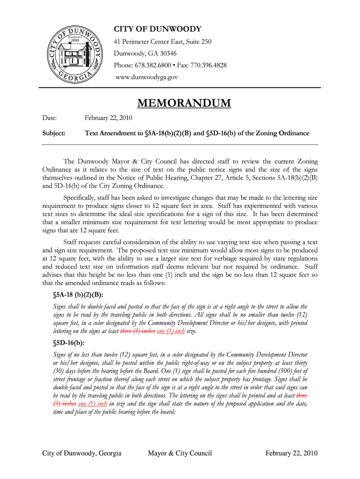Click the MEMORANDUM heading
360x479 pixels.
click(184, 103)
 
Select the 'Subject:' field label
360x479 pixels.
click(54, 133)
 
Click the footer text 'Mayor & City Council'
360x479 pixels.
click(180, 453)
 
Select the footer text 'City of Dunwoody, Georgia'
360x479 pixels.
click(82, 453)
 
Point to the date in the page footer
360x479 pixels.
click(291, 453)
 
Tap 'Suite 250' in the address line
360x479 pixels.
click(198, 42)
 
